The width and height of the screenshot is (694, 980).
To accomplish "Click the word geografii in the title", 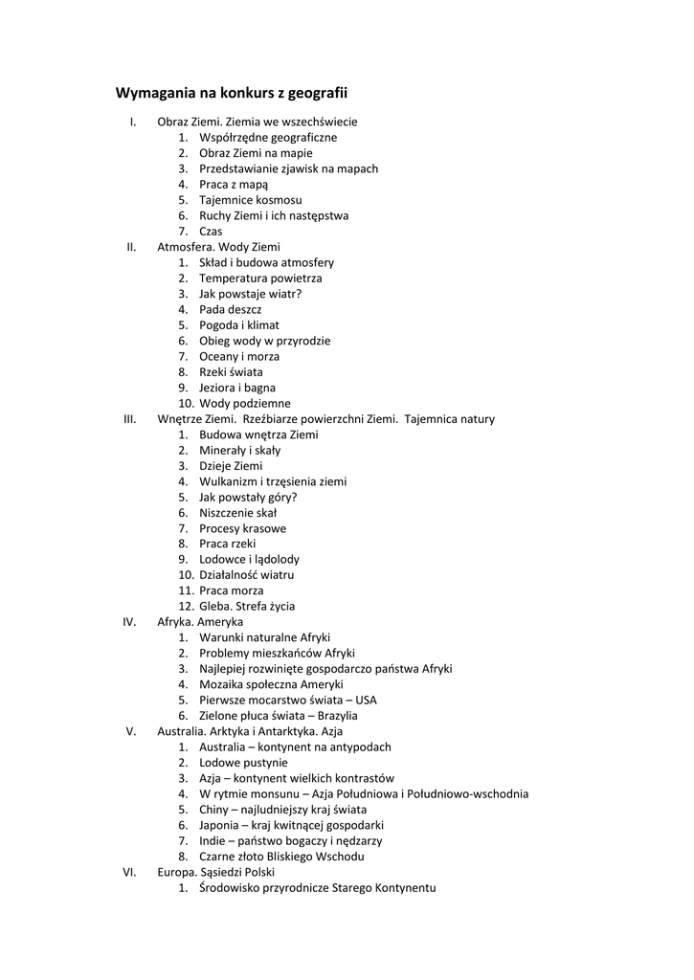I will coord(317,93).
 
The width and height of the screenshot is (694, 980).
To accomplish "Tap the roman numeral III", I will coord(130,419).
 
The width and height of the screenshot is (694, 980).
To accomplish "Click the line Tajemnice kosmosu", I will coord(250,200).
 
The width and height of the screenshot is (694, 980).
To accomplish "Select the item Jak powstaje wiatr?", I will coord(250,294).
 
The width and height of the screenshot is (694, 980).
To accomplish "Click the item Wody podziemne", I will coord(244,404).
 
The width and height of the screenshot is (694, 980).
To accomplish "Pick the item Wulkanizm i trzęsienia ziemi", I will coord(273,481).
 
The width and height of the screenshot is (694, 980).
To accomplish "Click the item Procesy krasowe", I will coord(242,528).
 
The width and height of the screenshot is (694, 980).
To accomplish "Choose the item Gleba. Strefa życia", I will coord(247,607).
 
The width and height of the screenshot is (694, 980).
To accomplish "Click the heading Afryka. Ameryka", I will coord(200,622).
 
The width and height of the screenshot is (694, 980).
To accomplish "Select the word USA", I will coord(366,701).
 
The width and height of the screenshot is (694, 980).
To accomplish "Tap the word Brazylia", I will coord(335,716).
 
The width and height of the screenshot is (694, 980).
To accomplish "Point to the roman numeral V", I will coord(131,731).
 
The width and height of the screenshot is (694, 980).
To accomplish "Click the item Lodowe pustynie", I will coord(243,763).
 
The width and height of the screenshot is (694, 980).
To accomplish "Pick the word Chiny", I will coord(214,810).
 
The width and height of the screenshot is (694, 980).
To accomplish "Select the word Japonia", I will coord(220,825).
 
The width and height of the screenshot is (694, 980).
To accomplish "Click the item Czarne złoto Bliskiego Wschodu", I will coord(281,857).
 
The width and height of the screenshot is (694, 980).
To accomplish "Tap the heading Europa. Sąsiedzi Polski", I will coord(215,872).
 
